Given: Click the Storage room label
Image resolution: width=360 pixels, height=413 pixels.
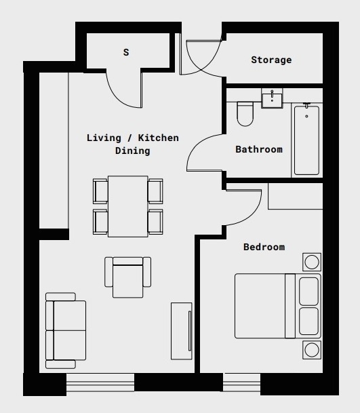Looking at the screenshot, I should click(x=271, y=60).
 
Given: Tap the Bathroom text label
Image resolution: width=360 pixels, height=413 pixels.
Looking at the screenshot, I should click(x=258, y=149).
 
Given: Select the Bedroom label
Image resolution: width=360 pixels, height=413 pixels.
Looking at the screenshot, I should click(x=264, y=247).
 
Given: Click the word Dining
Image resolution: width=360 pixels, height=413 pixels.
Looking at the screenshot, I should click(x=132, y=151).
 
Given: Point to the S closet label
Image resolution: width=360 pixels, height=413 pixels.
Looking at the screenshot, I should click(x=125, y=52).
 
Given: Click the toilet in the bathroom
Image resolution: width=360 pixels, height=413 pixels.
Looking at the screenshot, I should click(x=245, y=113).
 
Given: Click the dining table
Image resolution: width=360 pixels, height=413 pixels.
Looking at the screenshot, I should click(x=127, y=206).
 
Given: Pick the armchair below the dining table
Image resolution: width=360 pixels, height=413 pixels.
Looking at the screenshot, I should click(x=127, y=277).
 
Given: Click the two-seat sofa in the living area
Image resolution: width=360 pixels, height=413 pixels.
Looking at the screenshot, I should click(x=65, y=330).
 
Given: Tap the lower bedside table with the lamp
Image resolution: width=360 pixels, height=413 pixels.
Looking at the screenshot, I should click(x=311, y=349).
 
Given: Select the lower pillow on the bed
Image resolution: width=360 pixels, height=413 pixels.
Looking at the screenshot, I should click(x=309, y=321).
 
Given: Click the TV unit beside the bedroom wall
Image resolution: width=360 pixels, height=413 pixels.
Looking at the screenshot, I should click(x=181, y=332).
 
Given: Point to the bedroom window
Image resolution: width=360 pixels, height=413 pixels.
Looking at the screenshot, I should click(x=242, y=382).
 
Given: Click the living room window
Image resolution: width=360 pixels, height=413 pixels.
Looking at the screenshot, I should click(x=100, y=382).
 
